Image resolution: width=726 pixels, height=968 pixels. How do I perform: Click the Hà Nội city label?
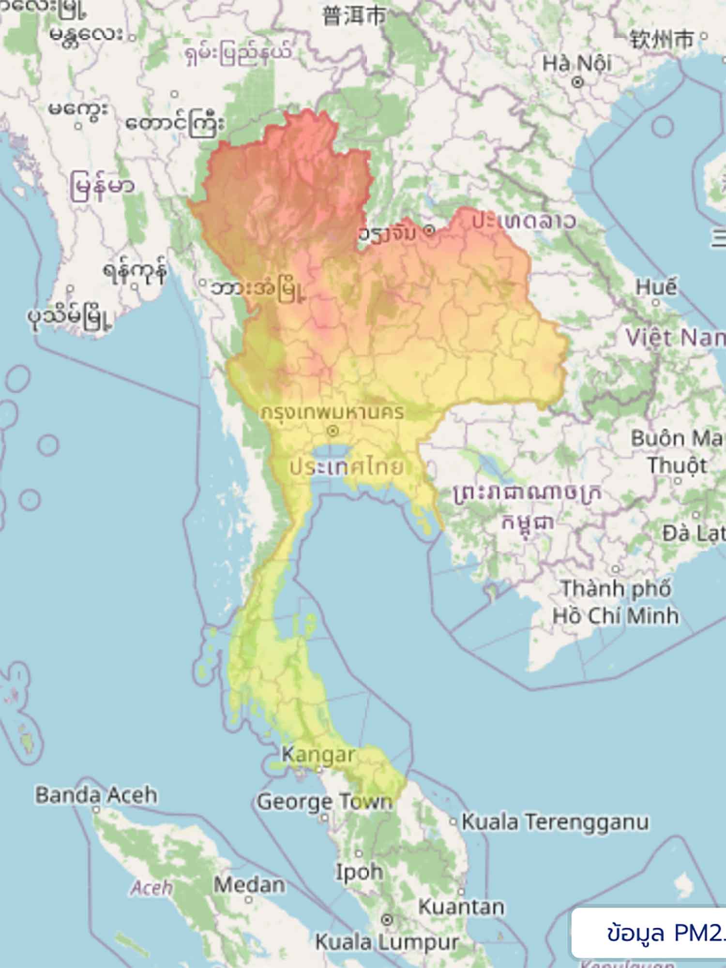pyautogui.click(x=577, y=63)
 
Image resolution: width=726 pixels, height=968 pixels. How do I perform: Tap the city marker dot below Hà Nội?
pyautogui.click(x=577, y=83)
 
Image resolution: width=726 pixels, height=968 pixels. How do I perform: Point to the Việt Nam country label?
pyautogui.click(x=675, y=337)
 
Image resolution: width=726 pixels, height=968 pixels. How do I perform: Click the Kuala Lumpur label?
pyautogui.click(x=387, y=941)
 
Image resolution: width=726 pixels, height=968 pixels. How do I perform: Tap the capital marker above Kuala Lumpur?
pyautogui.click(x=387, y=919)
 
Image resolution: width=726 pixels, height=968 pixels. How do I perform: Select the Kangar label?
pyautogui.click(x=318, y=754)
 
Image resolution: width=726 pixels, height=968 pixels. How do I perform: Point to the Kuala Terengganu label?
pyautogui.click(x=555, y=821)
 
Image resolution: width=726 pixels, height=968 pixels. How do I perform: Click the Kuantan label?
pyautogui.click(x=461, y=907)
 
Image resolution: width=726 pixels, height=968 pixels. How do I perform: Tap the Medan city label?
pyautogui.click(x=249, y=884)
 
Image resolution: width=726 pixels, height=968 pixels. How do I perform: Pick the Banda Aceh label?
pyautogui.click(x=96, y=795)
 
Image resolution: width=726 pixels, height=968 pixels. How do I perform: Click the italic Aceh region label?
pyautogui.click(x=151, y=887)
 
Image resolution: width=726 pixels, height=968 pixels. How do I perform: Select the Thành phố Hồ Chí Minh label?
pyautogui.click(x=616, y=602)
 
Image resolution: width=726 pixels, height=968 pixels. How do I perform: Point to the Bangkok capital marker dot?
pyautogui.click(x=333, y=431)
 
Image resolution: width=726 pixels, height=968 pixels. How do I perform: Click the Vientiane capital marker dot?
pyautogui.click(x=429, y=231)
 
